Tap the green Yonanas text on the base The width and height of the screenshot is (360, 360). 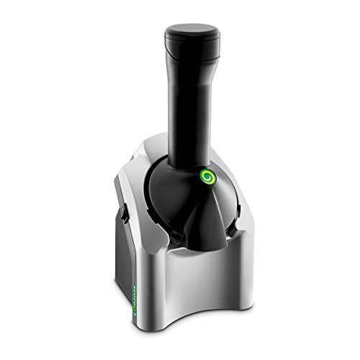pos(132,303)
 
